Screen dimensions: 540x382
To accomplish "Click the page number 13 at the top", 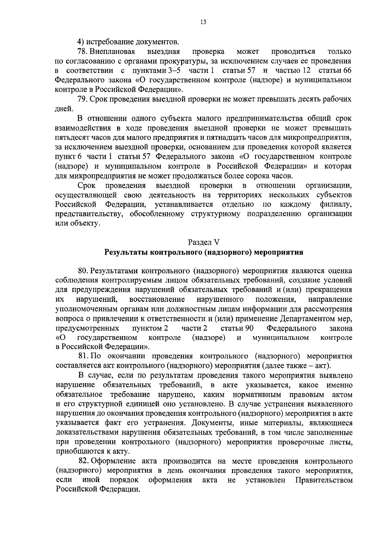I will pos(203,22).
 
